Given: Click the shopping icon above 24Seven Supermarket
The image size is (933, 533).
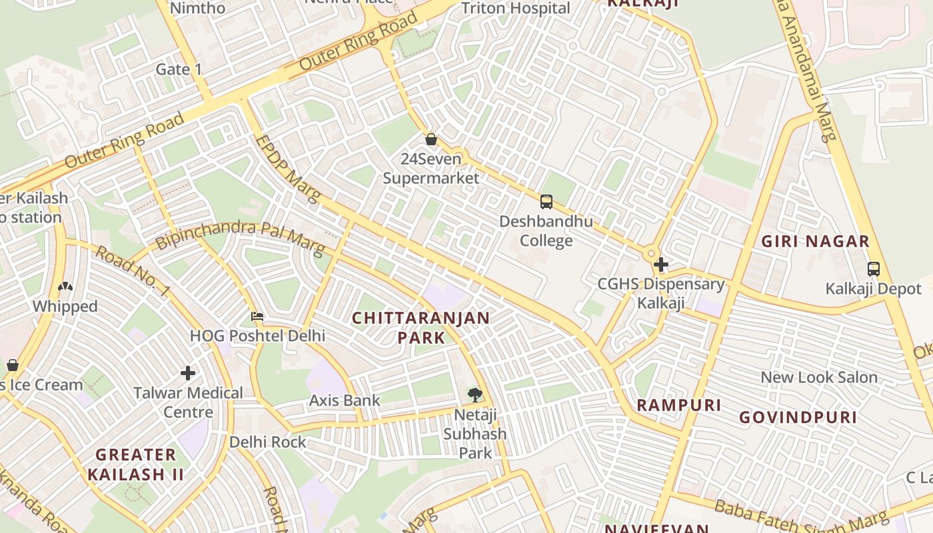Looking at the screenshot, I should (431, 139).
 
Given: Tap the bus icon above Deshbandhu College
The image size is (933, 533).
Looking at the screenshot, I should (546, 201).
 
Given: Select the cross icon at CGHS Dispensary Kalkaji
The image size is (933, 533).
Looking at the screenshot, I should (660, 265).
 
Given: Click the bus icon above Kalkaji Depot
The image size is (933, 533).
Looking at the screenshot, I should (873, 269).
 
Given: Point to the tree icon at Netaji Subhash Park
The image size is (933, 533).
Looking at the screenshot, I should (474, 394).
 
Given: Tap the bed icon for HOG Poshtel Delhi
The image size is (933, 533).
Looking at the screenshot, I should (257, 316).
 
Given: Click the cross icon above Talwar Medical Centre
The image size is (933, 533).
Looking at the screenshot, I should (188, 373).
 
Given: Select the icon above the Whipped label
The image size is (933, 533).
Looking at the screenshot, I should (65, 287).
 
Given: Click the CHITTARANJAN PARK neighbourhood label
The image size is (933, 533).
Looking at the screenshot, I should (421, 327).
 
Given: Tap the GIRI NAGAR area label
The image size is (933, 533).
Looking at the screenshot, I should (815, 241).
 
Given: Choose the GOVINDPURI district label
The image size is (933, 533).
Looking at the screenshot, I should (798, 418).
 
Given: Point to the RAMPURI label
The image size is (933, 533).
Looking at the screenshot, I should (678, 405).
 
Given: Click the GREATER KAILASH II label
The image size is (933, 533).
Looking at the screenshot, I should (135, 464).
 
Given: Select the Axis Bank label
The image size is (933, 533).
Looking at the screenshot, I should (344, 400).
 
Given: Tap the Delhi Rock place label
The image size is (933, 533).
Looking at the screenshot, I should (268, 442).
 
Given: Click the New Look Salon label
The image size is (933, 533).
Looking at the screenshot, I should (818, 377).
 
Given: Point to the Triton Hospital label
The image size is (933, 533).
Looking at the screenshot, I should (516, 8).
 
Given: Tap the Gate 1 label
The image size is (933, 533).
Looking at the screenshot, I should (179, 69).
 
